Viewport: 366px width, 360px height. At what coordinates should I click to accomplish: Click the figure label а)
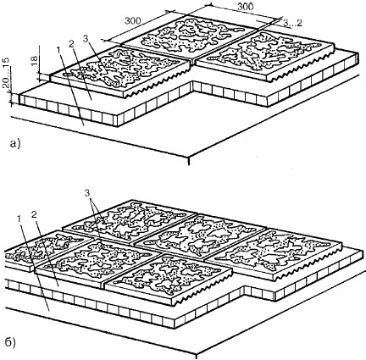(14, 144)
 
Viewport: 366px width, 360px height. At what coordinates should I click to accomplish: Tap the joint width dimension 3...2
(292, 23)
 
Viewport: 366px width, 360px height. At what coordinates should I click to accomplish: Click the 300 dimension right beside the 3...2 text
(245, 7)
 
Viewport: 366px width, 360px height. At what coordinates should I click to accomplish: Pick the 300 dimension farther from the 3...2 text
(133, 21)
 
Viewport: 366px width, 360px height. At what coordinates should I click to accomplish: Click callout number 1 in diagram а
(58, 50)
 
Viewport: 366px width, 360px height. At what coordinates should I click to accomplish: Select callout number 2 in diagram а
(70, 43)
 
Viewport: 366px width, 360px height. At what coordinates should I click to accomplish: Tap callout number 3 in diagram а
(86, 39)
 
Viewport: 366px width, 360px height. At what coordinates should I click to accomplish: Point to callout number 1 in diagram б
(19, 219)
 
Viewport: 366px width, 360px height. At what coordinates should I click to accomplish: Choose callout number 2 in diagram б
(34, 214)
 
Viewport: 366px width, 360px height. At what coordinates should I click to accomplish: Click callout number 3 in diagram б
(87, 193)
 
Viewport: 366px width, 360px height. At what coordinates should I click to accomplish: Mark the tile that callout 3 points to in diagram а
(120, 70)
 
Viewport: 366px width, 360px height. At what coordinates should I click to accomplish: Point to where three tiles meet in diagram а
(193, 59)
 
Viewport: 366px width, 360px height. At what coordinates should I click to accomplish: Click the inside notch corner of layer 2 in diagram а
(193, 81)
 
